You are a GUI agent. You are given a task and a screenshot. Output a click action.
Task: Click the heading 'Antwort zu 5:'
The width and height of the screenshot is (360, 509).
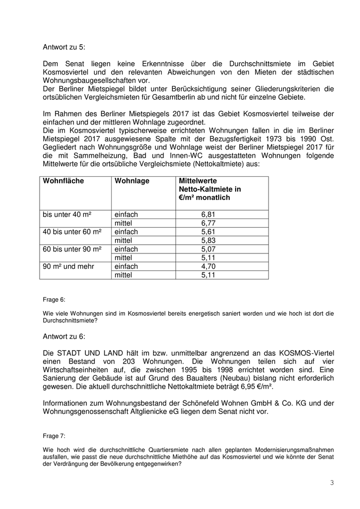[x=64, y=47]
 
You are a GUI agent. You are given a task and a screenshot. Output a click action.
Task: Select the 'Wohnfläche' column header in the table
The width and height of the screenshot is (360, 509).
[x=63, y=181]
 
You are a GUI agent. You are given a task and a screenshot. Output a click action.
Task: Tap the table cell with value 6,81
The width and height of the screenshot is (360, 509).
[x=208, y=214]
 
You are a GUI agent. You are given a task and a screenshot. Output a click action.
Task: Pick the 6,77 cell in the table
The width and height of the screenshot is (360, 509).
[x=208, y=223]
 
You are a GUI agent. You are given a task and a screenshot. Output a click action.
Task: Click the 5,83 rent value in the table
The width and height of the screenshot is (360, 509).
[x=208, y=241]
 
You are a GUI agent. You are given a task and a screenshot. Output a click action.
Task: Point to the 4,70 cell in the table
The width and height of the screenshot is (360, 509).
[x=208, y=266]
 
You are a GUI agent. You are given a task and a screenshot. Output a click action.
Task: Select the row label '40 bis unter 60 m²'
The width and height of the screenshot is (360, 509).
[x=72, y=232]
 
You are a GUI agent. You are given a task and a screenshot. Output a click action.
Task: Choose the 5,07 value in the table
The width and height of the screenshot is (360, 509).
[x=208, y=249]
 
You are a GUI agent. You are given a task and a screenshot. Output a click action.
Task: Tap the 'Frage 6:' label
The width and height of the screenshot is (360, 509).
[x=54, y=299]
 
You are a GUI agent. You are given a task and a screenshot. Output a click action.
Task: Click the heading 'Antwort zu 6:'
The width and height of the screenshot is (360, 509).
[x=64, y=336]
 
